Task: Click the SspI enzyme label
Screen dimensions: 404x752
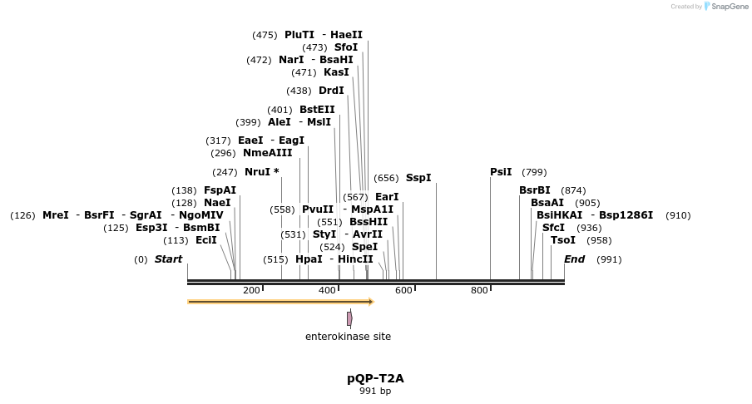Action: tap(418, 178)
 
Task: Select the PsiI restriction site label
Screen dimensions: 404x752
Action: tap(501, 172)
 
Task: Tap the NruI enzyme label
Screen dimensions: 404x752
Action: tap(258, 172)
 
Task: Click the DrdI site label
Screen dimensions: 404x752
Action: tap(331, 91)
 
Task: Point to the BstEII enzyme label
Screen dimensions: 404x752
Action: tap(317, 110)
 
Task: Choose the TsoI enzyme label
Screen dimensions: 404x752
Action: tap(563, 240)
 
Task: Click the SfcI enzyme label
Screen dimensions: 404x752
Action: tap(553, 228)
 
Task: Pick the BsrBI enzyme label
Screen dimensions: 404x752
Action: tap(535, 190)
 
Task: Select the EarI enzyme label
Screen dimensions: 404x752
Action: tap(387, 197)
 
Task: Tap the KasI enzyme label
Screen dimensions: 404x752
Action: tap(336, 72)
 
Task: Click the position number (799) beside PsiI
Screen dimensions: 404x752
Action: tap(534, 172)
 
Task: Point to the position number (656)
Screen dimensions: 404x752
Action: tap(386, 178)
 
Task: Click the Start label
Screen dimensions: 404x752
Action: tap(168, 259)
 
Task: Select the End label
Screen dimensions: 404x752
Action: tap(574, 259)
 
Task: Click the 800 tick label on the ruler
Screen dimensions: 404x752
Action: tap(479, 290)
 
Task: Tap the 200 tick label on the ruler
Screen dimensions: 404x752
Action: tap(251, 290)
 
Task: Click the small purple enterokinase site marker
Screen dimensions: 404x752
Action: tap(349, 318)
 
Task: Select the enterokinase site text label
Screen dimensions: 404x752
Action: tap(348, 337)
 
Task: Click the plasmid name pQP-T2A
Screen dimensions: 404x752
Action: tap(375, 378)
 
